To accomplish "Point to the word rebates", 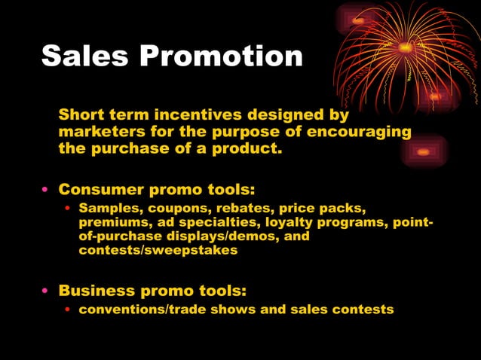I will point(243,207).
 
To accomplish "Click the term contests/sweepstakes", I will point(158,250).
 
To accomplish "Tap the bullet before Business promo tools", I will point(46,291).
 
